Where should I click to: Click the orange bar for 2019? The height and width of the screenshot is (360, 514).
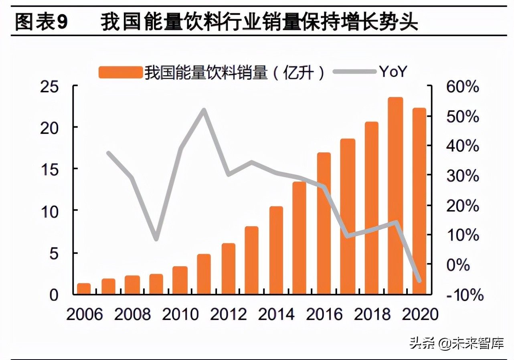click(x=395, y=196)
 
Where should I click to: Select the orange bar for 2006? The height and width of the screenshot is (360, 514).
click(x=84, y=289)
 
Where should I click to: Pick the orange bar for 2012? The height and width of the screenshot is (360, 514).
click(x=228, y=269)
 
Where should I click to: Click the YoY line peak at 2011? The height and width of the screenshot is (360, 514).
click(x=204, y=110)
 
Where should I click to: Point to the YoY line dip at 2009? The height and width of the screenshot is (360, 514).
click(x=156, y=239)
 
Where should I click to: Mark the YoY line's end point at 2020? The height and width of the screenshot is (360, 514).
click(x=419, y=281)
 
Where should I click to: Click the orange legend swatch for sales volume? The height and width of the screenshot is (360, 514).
click(x=120, y=72)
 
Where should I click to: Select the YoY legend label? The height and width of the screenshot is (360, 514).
click(x=393, y=72)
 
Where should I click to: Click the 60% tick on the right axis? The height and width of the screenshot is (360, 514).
click(x=463, y=87)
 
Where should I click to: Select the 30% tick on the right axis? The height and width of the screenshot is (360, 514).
click(x=463, y=176)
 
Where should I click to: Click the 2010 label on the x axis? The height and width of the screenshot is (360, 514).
click(x=180, y=314)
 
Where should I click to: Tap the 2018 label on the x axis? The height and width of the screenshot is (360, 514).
click(x=372, y=314)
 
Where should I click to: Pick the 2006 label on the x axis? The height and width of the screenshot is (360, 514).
click(x=84, y=314)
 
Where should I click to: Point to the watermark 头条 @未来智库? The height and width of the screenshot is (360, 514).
click(x=456, y=343)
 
